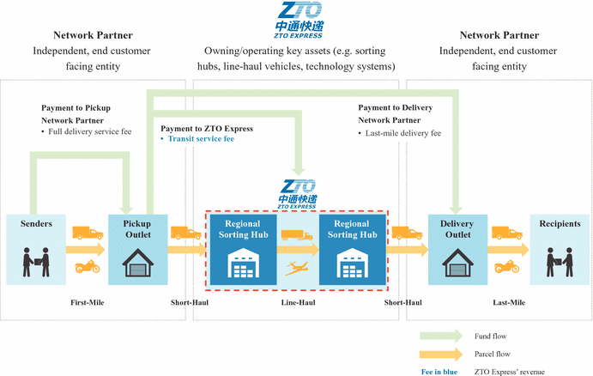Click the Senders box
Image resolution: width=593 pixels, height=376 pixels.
[30, 248]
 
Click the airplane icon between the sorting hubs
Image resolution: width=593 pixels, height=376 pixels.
[297, 268]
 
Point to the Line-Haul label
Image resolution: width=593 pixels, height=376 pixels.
[297, 302]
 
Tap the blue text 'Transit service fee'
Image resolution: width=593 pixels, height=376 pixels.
[200, 138]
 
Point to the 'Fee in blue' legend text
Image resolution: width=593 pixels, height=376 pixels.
[439, 371]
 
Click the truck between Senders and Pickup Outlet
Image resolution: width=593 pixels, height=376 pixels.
[86, 233]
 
